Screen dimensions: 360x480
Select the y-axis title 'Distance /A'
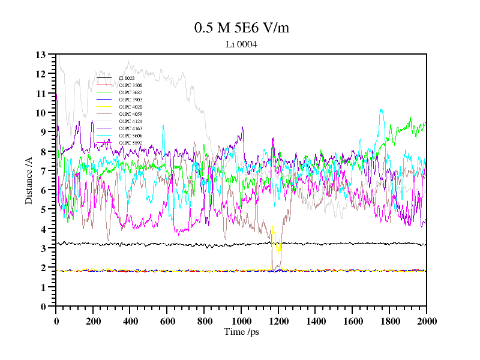click(x=28, y=180)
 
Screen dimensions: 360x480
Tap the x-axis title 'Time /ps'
click(x=241, y=332)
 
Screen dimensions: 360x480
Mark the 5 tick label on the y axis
click(x=43, y=209)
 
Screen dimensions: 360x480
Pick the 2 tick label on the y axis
click(x=43, y=268)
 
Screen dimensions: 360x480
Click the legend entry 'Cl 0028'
click(x=127, y=78)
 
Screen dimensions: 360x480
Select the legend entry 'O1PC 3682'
click(x=130, y=92)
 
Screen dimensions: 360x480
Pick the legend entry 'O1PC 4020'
click(x=130, y=107)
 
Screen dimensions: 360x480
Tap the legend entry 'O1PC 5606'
click(x=130, y=136)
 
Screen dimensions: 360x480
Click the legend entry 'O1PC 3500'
click(x=130, y=85)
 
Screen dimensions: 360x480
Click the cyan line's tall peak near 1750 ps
click(x=381, y=110)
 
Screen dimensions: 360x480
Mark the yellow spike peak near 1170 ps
click(x=273, y=227)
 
